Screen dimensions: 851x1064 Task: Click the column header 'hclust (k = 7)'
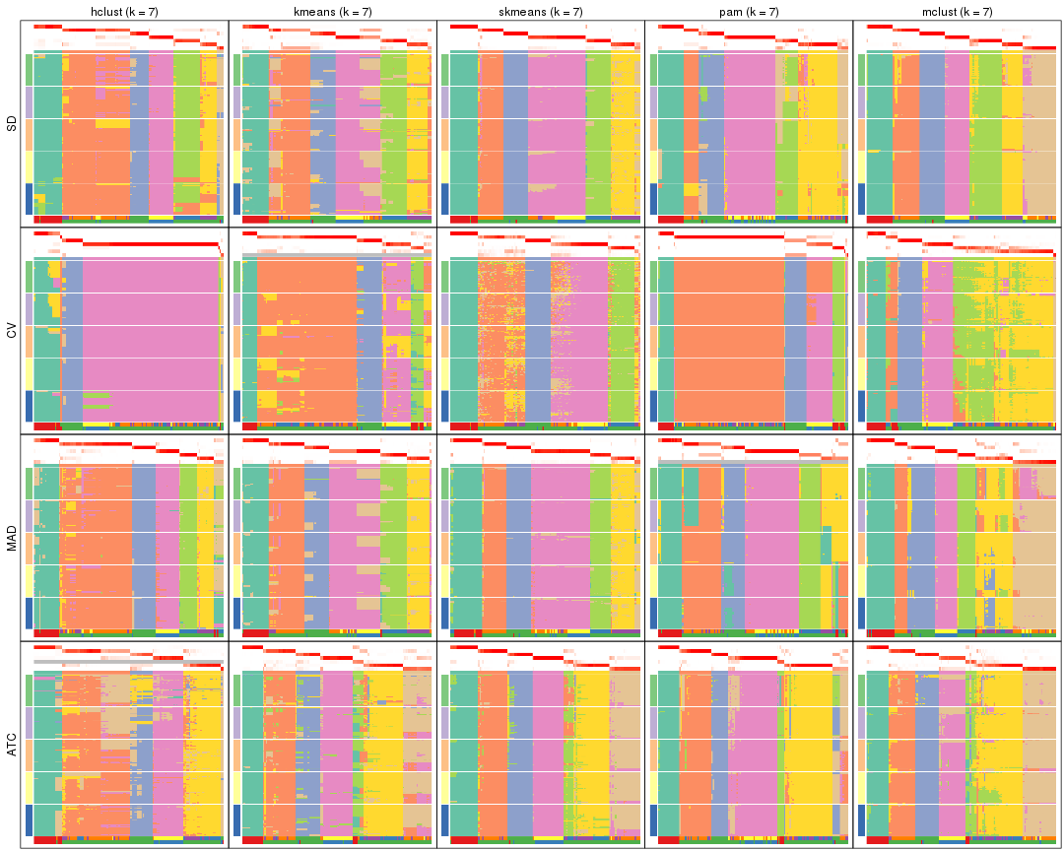pos(124,11)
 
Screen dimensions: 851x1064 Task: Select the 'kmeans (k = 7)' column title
pos(332,11)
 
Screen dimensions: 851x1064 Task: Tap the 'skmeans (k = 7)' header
pos(541,11)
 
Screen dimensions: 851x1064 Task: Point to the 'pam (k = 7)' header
pos(749,11)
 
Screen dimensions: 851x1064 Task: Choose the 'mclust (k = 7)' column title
pos(957,11)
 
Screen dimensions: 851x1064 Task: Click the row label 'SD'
pos(12,124)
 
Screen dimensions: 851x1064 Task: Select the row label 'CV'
pos(12,331)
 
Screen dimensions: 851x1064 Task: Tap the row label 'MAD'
pos(12,538)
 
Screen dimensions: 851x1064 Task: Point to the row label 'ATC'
pos(12,746)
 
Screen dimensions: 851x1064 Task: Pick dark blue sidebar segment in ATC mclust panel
pos(861,819)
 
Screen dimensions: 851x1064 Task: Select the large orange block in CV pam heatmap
pos(729,335)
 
